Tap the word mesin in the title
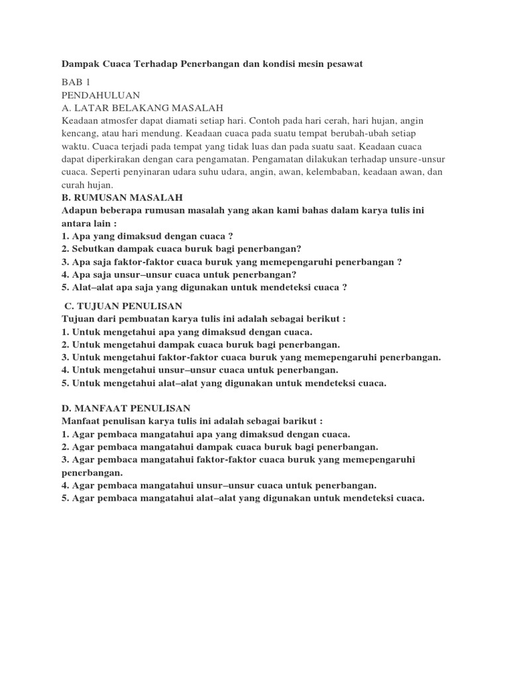tap(304, 64)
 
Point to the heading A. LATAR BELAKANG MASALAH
tap(142, 108)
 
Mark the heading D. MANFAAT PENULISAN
tap(126, 408)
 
